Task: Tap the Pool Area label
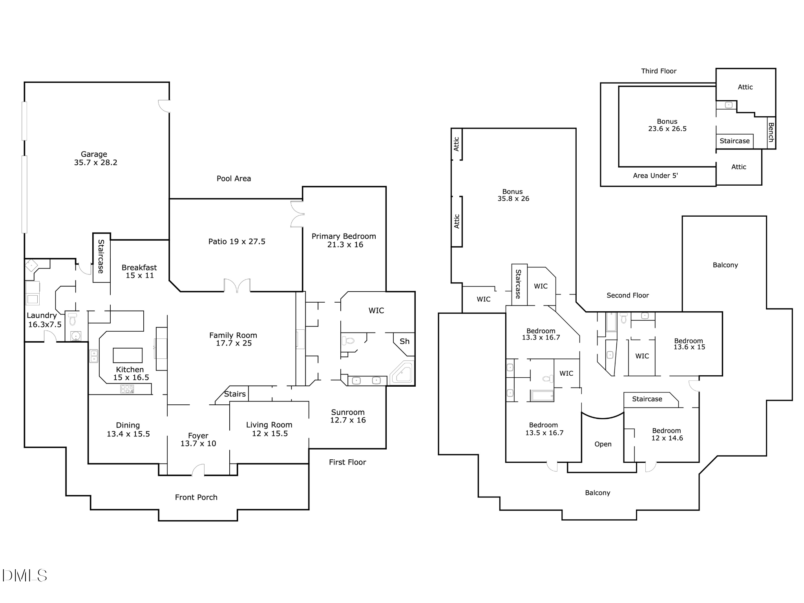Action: (x=234, y=179)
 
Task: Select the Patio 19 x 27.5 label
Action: (x=237, y=241)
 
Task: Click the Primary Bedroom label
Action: (x=344, y=240)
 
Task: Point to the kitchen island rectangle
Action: (x=128, y=355)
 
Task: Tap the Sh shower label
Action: (x=404, y=342)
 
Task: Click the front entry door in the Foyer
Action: (x=198, y=470)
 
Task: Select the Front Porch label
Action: (x=196, y=497)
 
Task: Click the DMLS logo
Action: (x=24, y=576)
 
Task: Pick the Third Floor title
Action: (x=659, y=71)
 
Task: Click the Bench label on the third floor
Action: (x=771, y=132)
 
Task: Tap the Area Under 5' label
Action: (x=655, y=175)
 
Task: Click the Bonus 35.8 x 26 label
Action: (x=513, y=195)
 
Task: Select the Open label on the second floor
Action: (x=603, y=444)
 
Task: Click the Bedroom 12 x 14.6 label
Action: (x=667, y=435)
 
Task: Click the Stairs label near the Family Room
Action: (x=235, y=394)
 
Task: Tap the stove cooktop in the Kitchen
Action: (x=127, y=389)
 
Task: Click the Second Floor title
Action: (x=628, y=295)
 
